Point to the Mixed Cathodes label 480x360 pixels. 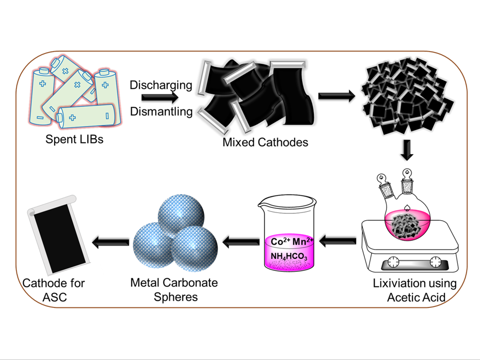pyautogui.click(x=265, y=142)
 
